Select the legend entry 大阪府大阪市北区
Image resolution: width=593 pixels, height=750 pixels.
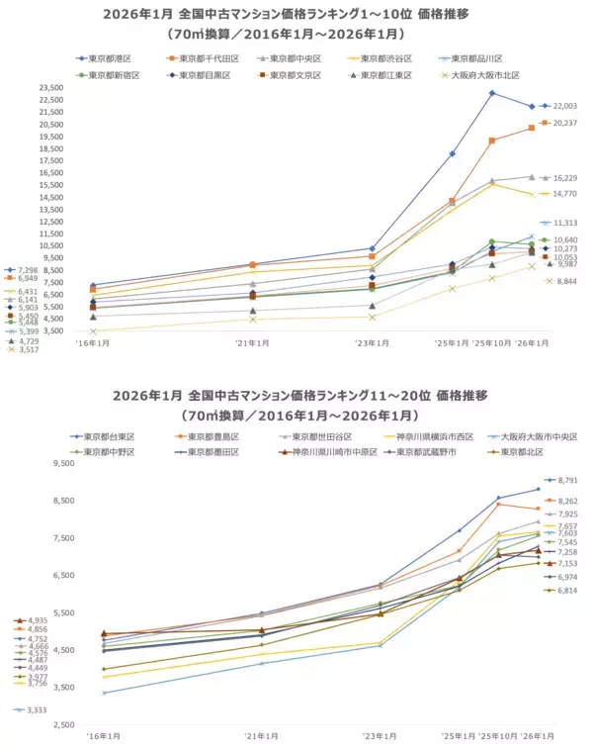[483, 74]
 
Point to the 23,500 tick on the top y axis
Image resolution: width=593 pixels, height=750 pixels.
[48, 88]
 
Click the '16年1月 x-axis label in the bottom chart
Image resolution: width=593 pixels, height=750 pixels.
[97, 737]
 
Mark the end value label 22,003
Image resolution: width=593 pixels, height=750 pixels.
[564, 106]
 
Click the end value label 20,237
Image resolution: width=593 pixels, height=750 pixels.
[564, 123]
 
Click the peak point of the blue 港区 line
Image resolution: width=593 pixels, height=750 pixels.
[492, 93]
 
